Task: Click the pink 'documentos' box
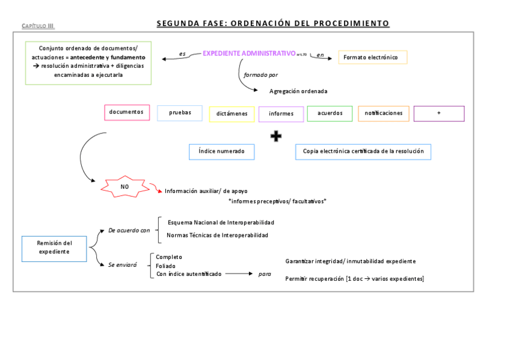127,112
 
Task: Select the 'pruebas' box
180,113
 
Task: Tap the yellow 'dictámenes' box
232,114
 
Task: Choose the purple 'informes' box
281,114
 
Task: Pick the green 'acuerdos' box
330,113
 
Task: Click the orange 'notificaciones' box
384,113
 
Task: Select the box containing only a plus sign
439,113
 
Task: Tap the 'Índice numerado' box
221,151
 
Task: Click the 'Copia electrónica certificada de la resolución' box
363,151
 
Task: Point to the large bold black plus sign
276,136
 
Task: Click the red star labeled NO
124,187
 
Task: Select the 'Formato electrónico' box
372,57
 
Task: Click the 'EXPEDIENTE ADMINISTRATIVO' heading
249,53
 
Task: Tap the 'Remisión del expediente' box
55,248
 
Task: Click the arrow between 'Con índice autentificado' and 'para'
238,274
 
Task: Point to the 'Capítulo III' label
38,26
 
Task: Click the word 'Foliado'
166,266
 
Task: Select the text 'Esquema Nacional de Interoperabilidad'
221,222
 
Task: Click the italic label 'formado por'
260,75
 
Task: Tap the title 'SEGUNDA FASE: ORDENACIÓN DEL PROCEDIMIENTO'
273,23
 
